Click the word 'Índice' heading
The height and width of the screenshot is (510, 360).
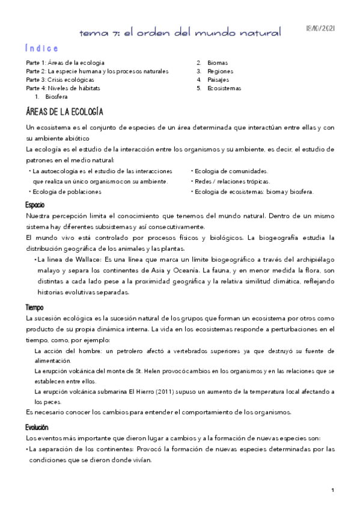(42, 48)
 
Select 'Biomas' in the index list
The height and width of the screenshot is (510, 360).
(218, 63)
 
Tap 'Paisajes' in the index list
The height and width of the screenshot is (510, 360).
(218, 79)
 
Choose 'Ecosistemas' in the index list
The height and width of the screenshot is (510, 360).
(224, 88)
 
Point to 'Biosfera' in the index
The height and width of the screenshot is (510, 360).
(56, 96)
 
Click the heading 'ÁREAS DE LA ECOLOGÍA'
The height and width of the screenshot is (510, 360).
(65, 112)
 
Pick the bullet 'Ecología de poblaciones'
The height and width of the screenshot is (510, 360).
(67, 192)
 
